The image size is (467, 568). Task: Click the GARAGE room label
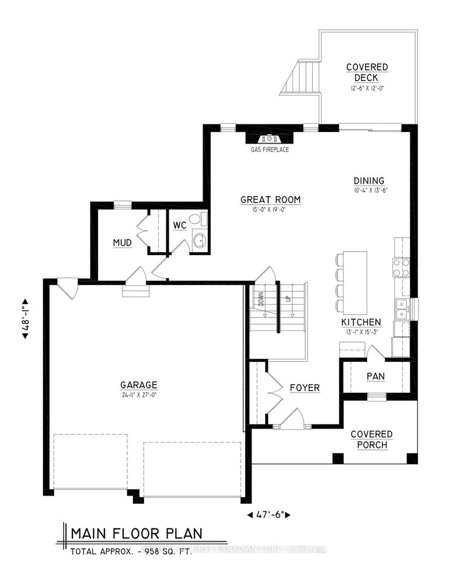point(138,385)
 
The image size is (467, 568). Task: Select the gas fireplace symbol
point(269,139)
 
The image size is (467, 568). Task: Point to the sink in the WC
point(198,240)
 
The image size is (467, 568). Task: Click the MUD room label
point(123,242)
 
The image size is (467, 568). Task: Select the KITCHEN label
point(361,322)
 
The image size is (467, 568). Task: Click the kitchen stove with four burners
point(402,267)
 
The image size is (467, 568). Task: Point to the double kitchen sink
point(402,309)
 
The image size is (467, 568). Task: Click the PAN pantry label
point(375,377)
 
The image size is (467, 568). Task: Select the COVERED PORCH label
point(371,440)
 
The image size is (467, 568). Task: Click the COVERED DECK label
point(366,72)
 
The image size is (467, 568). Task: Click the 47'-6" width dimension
point(270,514)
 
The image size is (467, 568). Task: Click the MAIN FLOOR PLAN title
point(137,533)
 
